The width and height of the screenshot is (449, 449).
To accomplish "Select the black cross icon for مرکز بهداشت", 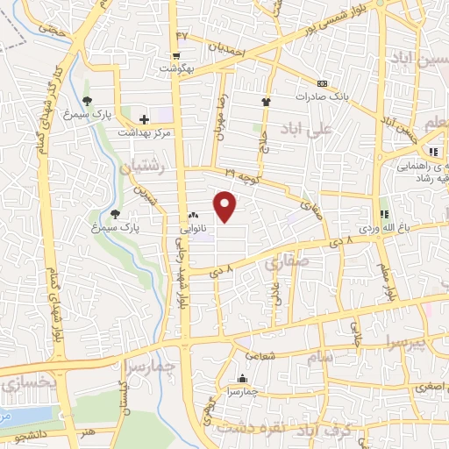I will click(144, 118).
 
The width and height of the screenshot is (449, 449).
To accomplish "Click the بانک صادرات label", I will click(335, 96).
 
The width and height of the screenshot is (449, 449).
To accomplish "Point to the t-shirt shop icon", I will click(266, 102).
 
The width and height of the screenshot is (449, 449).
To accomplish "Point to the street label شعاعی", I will click(260, 356).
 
